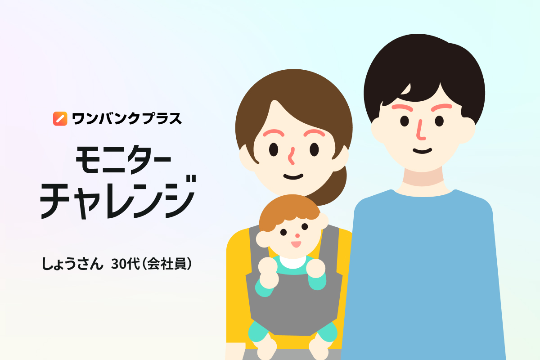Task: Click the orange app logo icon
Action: click(x=60, y=119)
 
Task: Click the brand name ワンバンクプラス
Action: click(x=127, y=119)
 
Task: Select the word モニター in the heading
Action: click(x=123, y=160)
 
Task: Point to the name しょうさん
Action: click(x=72, y=264)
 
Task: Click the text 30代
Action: click(x=126, y=264)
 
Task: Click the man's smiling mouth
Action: click(x=422, y=151)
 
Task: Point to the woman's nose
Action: click(x=292, y=156)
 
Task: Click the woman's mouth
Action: click(x=293, y=177)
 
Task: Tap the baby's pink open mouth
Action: click(x=296, y=244)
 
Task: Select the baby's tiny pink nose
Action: click(x=297, y=236)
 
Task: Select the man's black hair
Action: click(x=424, y=72)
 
